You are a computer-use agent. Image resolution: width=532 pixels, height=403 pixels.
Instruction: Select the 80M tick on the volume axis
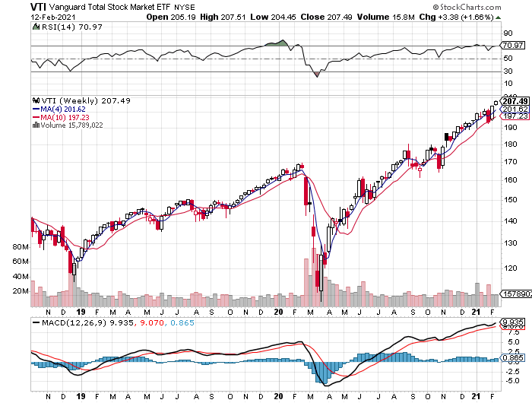click(x=20, y=248)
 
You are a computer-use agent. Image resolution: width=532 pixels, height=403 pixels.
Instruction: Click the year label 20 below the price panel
click(x=279, y=312)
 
